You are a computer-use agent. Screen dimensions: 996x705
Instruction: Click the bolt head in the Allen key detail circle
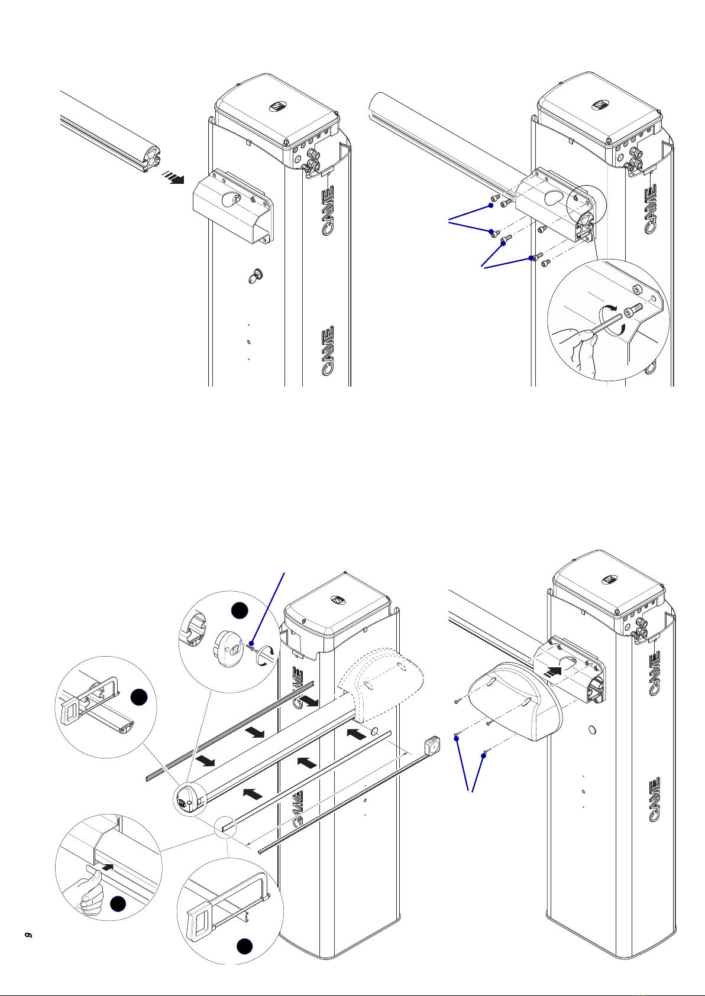(x=635, y=309)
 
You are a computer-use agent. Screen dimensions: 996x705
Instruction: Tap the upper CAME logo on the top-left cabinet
(x=328, y=210)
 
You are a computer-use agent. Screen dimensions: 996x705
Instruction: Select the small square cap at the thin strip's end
(x=434, y=746)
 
